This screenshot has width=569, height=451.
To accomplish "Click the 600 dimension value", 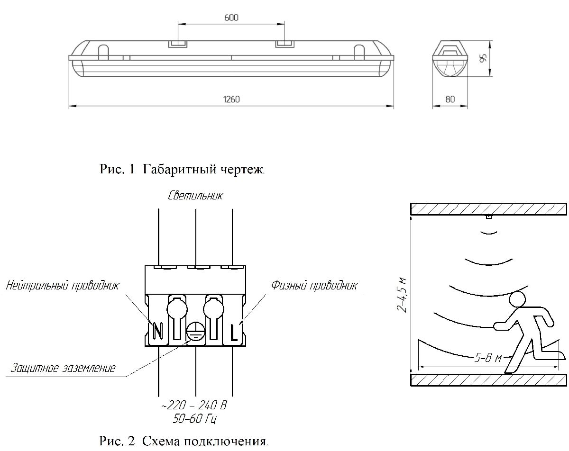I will [x=231, y=18].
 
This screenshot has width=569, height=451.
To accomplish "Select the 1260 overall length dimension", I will [x=231, y=99].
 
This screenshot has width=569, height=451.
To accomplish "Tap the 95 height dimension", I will [x=483, y=58].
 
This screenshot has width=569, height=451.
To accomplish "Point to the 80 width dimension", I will [x=450, y=99].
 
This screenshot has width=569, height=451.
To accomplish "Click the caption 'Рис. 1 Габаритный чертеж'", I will [x=182, y=169].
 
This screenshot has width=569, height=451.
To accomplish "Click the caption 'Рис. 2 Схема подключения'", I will [x=184, y=442].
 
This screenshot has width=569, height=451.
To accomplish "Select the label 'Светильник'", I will [x=195, y=196].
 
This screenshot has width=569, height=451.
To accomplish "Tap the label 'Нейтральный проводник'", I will [x=63, y=286].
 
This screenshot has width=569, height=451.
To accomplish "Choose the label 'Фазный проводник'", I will [x=314, y=285].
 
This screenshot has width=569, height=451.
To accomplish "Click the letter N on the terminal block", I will [x=158, y=332].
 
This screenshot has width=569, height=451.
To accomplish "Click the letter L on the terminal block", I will [x=234, y=333].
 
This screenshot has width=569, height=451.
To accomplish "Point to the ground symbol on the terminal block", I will [x=195, y=332].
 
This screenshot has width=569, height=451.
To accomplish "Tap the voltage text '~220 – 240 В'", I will [x=195, y=406].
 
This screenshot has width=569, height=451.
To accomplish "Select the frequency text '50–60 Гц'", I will [x=195, y=419].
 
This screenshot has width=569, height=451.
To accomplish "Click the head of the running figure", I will [x=517, y=299].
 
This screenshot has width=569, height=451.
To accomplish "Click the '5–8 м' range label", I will [x=488, y=358].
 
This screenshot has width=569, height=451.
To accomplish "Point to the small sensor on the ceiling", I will [x=488, y=216].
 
